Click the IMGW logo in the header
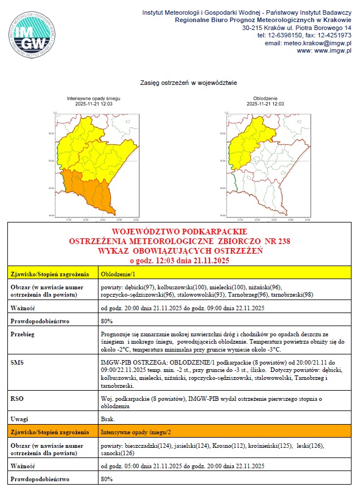click(32, 32)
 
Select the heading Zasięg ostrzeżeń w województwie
click(188, 83)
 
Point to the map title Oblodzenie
click(265, 98)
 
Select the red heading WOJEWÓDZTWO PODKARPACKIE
click(179, 232)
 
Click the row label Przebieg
click(23, 335)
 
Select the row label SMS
click(18, 361)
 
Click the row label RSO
click(17, 398)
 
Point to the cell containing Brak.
click(107, 419)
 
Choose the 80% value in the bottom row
click(106, 479)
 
